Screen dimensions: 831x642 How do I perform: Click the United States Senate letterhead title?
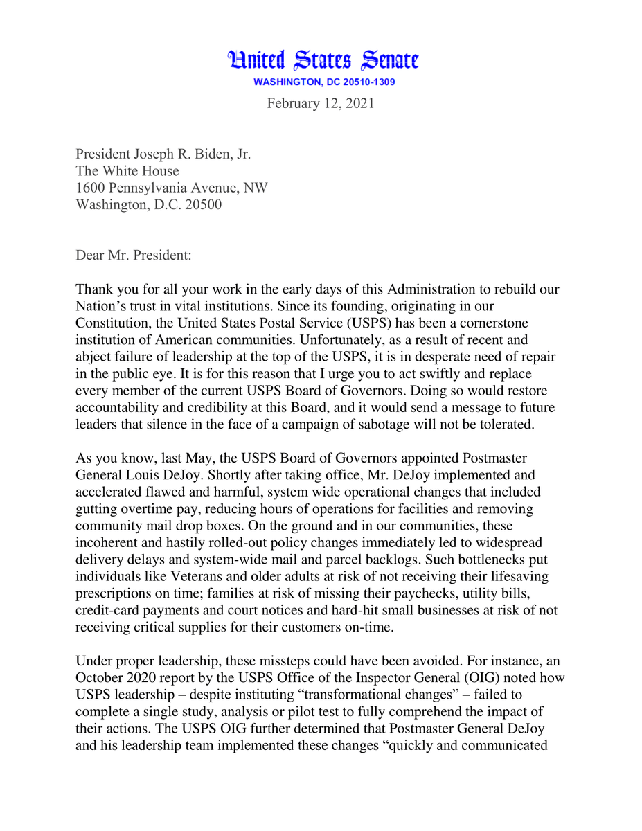pyautogui.click(x=324, y=61)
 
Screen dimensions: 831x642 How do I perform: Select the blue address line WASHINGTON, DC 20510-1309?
pyautogui.click(x=324, y=82)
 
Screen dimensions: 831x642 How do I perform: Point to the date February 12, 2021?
pyautogui.click(x=321, y=103)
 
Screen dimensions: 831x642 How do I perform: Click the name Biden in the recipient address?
pyautogui.click(x=207, y=154)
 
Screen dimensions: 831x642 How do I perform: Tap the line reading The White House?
pyautogui.click(x=127, y=170)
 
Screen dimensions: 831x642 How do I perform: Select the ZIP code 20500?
pyautogui.click(x=205, y=204)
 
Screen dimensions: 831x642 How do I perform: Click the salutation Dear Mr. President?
pyautogui.click(x=134, y=255)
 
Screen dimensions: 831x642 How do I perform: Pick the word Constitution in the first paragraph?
pyautogui.click(x=113, y=323)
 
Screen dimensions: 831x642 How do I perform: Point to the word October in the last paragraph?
pyautogui.click(x=98, y=677)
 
